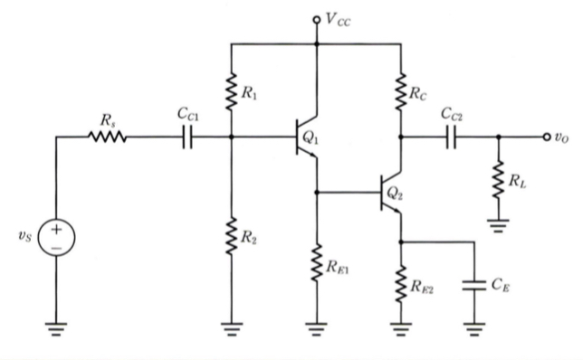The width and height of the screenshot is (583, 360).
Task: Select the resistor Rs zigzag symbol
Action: (x=108, y=138)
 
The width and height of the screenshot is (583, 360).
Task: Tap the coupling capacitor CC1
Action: (x=190, y=138)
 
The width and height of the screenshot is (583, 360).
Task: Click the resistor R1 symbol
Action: (x=233, y=91)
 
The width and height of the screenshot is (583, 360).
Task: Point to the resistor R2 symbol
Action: (x=233, y=237)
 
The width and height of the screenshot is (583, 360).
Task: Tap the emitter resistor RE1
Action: (x=316, y=265)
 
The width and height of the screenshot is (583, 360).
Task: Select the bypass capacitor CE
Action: (x=473, y=287)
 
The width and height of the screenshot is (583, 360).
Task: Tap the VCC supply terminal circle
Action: (x=316, y=19)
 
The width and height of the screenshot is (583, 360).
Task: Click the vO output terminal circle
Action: (x=547, y=138)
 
